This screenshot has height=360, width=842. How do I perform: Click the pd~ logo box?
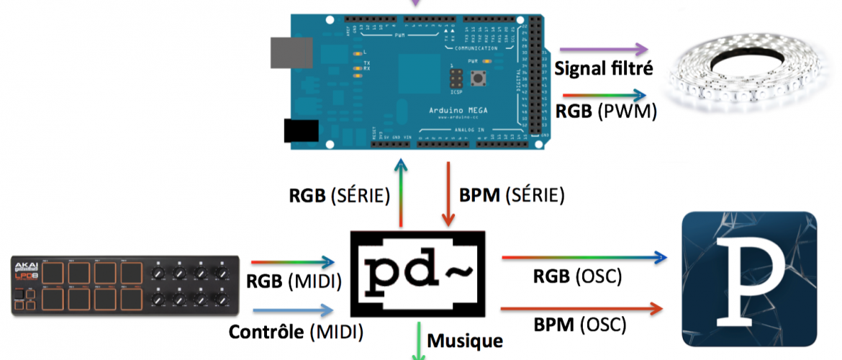point(417,274)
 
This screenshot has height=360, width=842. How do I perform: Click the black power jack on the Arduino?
point(300,130)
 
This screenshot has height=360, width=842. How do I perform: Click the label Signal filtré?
point(605,70)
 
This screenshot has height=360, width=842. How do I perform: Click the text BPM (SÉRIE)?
point(511,195)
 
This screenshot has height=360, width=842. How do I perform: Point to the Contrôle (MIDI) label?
point(296,332)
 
